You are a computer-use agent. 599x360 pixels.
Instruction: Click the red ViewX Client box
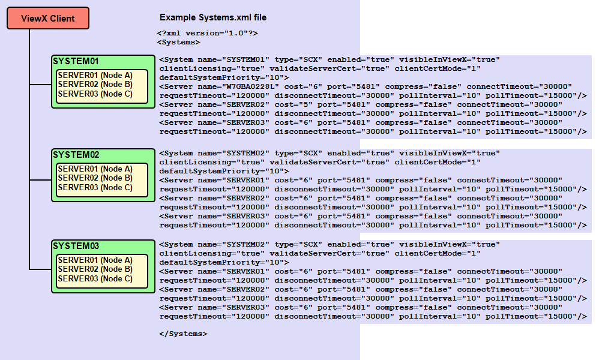(48, 18)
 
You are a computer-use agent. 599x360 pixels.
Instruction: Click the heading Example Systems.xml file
(213, 17)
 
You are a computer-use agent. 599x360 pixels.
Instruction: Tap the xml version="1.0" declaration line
(207, 33)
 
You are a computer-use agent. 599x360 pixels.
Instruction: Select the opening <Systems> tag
(178, 43)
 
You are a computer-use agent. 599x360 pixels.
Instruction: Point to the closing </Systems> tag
(183, 334)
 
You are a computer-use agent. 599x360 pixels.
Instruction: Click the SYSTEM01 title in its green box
(76, 61)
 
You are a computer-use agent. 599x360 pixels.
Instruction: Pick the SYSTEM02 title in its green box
(76, 155)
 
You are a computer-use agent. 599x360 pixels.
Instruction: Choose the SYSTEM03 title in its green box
(76, 246)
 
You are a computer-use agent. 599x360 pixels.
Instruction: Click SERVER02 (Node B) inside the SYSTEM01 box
(95, 85)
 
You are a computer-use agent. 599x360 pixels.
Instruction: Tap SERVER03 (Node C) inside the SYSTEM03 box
(95, 278)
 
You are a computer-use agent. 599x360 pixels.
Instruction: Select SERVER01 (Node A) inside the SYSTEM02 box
(95, 169)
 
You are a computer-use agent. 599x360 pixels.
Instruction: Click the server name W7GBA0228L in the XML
(253, 86)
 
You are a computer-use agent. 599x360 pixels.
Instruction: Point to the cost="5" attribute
(293, 104)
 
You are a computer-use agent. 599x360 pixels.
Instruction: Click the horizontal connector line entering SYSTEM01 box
(40, 85)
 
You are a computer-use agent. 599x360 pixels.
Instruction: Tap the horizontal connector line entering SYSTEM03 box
(40, 269)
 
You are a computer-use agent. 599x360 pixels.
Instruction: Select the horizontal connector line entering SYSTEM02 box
(40, 180)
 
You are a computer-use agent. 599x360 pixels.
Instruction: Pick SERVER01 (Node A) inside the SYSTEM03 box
(95, 260)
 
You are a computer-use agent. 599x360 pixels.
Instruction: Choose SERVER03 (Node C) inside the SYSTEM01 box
(95, 94)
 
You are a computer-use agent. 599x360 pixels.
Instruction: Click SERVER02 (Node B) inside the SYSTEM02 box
(95, 178)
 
